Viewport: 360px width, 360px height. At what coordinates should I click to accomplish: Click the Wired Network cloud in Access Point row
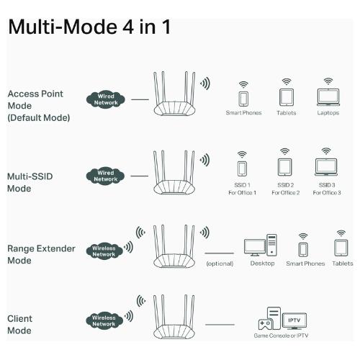tap(106, 99)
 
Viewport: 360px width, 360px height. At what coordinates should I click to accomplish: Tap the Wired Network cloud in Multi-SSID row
tap(105, 176)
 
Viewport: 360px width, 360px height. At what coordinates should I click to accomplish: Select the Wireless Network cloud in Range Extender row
tap(104, 251)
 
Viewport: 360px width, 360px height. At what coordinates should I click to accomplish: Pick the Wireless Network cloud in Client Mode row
tap(104, 320)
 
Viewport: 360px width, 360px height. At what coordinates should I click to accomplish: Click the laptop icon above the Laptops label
tap(328, 97)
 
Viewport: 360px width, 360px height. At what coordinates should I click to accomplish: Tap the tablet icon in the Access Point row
tap(287, 97)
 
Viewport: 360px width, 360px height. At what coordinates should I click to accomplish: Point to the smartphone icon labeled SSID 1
tap(242, 168)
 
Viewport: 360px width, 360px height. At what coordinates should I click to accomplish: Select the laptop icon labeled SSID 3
tap(326, 167)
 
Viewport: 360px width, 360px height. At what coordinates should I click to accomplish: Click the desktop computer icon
tap(261, 246)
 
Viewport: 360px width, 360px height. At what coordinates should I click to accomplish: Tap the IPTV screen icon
tap(294, 320)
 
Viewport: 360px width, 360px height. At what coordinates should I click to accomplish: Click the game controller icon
tap(265, 324)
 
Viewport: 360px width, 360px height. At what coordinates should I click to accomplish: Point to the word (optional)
tap(220, 264)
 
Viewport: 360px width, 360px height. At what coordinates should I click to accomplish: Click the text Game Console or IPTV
tap(281, 336)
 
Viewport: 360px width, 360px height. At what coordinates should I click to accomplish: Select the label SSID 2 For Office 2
tap(286, 189)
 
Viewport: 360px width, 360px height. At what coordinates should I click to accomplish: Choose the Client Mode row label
tap(19, 325)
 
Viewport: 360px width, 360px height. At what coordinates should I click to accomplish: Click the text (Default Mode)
tap(39, 118)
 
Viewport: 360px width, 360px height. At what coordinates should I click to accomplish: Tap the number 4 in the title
tap(127, 27)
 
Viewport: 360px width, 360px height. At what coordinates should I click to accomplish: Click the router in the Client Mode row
tap(174, 316)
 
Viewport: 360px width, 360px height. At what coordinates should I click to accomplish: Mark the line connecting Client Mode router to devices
tap(220, 325)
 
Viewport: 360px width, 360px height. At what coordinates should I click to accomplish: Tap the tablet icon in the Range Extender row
tap(341, 248)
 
